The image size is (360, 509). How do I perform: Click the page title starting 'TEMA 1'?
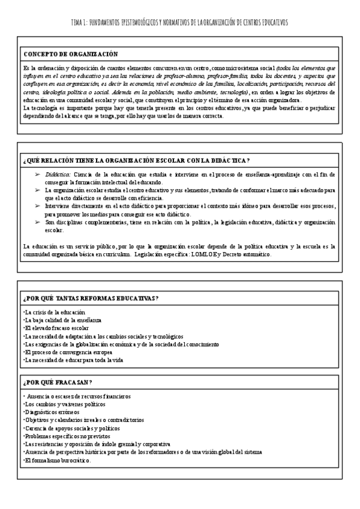click(179, 22)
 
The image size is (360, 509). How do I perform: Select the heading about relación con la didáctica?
click(136, 160)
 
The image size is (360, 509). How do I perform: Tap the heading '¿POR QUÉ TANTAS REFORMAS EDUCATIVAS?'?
click(91, 298)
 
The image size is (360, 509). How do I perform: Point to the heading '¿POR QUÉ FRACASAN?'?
click(58, 382)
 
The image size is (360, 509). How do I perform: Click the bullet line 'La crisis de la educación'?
click(54, 312)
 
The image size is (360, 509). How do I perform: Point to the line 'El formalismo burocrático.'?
click(57, 460)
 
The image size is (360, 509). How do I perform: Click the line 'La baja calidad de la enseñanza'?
click(62, 320)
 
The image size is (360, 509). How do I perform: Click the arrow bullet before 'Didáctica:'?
click(38, 174)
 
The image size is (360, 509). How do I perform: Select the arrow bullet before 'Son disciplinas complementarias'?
click(38, 222)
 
